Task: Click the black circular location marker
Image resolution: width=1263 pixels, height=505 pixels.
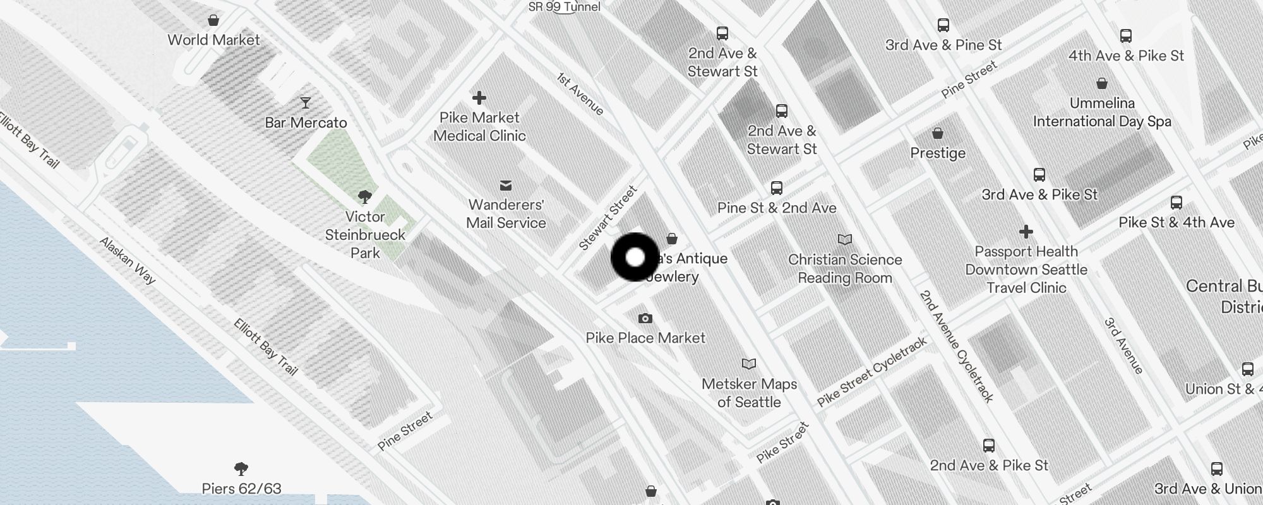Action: coord(635,258)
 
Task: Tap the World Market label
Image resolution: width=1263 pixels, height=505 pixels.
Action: coord(213,40)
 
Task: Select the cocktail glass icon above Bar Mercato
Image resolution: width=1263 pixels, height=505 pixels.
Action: coord(306,102)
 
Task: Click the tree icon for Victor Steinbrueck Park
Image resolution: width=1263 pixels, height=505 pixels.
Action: coord(364,196)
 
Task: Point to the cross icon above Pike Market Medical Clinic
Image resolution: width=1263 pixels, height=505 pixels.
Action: coord(479,98)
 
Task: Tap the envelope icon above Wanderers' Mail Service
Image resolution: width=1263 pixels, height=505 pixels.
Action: coord(506,186)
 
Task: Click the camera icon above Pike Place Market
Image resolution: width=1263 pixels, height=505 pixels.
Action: coord(645,318)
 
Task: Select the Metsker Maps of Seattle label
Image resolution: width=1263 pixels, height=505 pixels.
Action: coord(749,393)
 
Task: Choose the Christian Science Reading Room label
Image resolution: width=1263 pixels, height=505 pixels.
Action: coord(845,269)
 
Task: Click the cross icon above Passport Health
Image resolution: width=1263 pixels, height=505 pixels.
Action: coord(1026,232)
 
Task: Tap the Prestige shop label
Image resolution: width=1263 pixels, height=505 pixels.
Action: coord(938,153)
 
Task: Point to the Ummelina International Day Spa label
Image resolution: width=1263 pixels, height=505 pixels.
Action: coord(1102,112)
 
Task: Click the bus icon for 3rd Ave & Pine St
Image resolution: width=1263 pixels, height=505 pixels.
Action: coord(943,25)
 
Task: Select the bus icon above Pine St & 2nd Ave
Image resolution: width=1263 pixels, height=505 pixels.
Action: coord(777,188)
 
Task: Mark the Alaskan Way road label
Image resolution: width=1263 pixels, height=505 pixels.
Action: coord(128,260)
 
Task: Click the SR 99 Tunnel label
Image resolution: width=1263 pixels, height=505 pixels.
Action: coord(565,7)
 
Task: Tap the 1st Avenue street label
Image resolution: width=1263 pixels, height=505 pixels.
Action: coord(580,93)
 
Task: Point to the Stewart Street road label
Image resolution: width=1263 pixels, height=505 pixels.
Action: coord(608,218)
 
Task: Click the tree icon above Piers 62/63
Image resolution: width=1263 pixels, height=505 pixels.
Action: coord(241,468)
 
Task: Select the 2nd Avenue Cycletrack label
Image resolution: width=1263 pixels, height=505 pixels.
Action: coord(956,346)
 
